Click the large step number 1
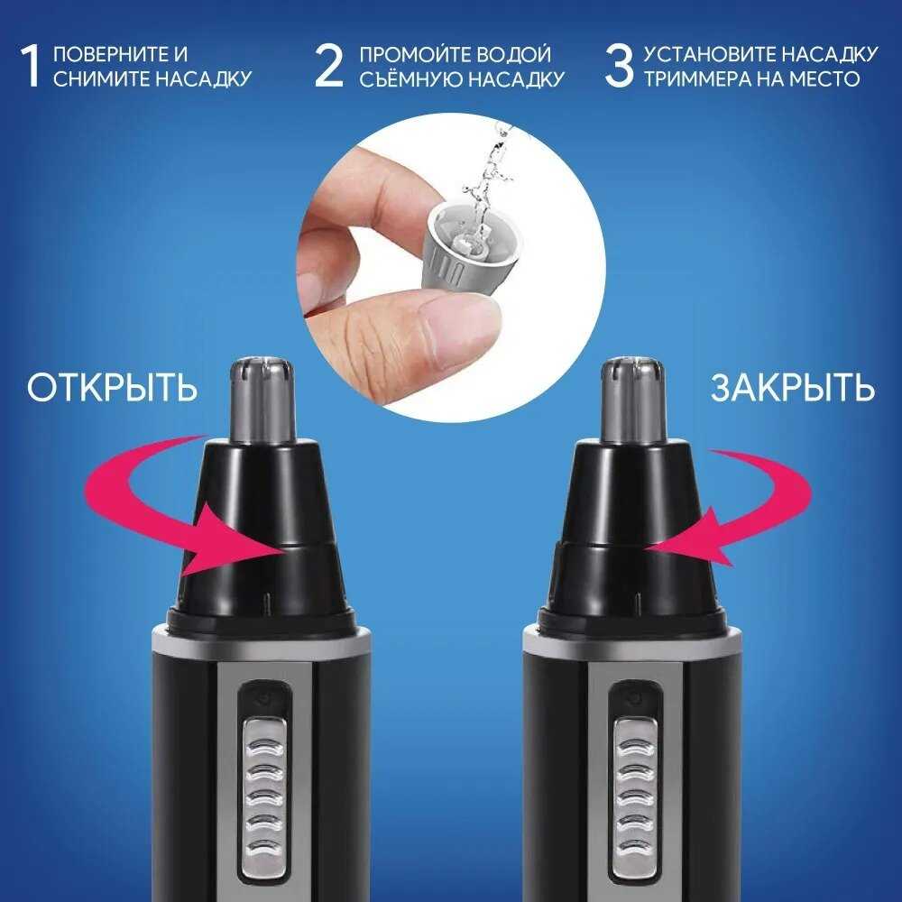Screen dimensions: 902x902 coord(31,67)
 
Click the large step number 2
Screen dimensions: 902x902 coord(328,67)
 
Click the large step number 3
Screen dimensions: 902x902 coord(619,67)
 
